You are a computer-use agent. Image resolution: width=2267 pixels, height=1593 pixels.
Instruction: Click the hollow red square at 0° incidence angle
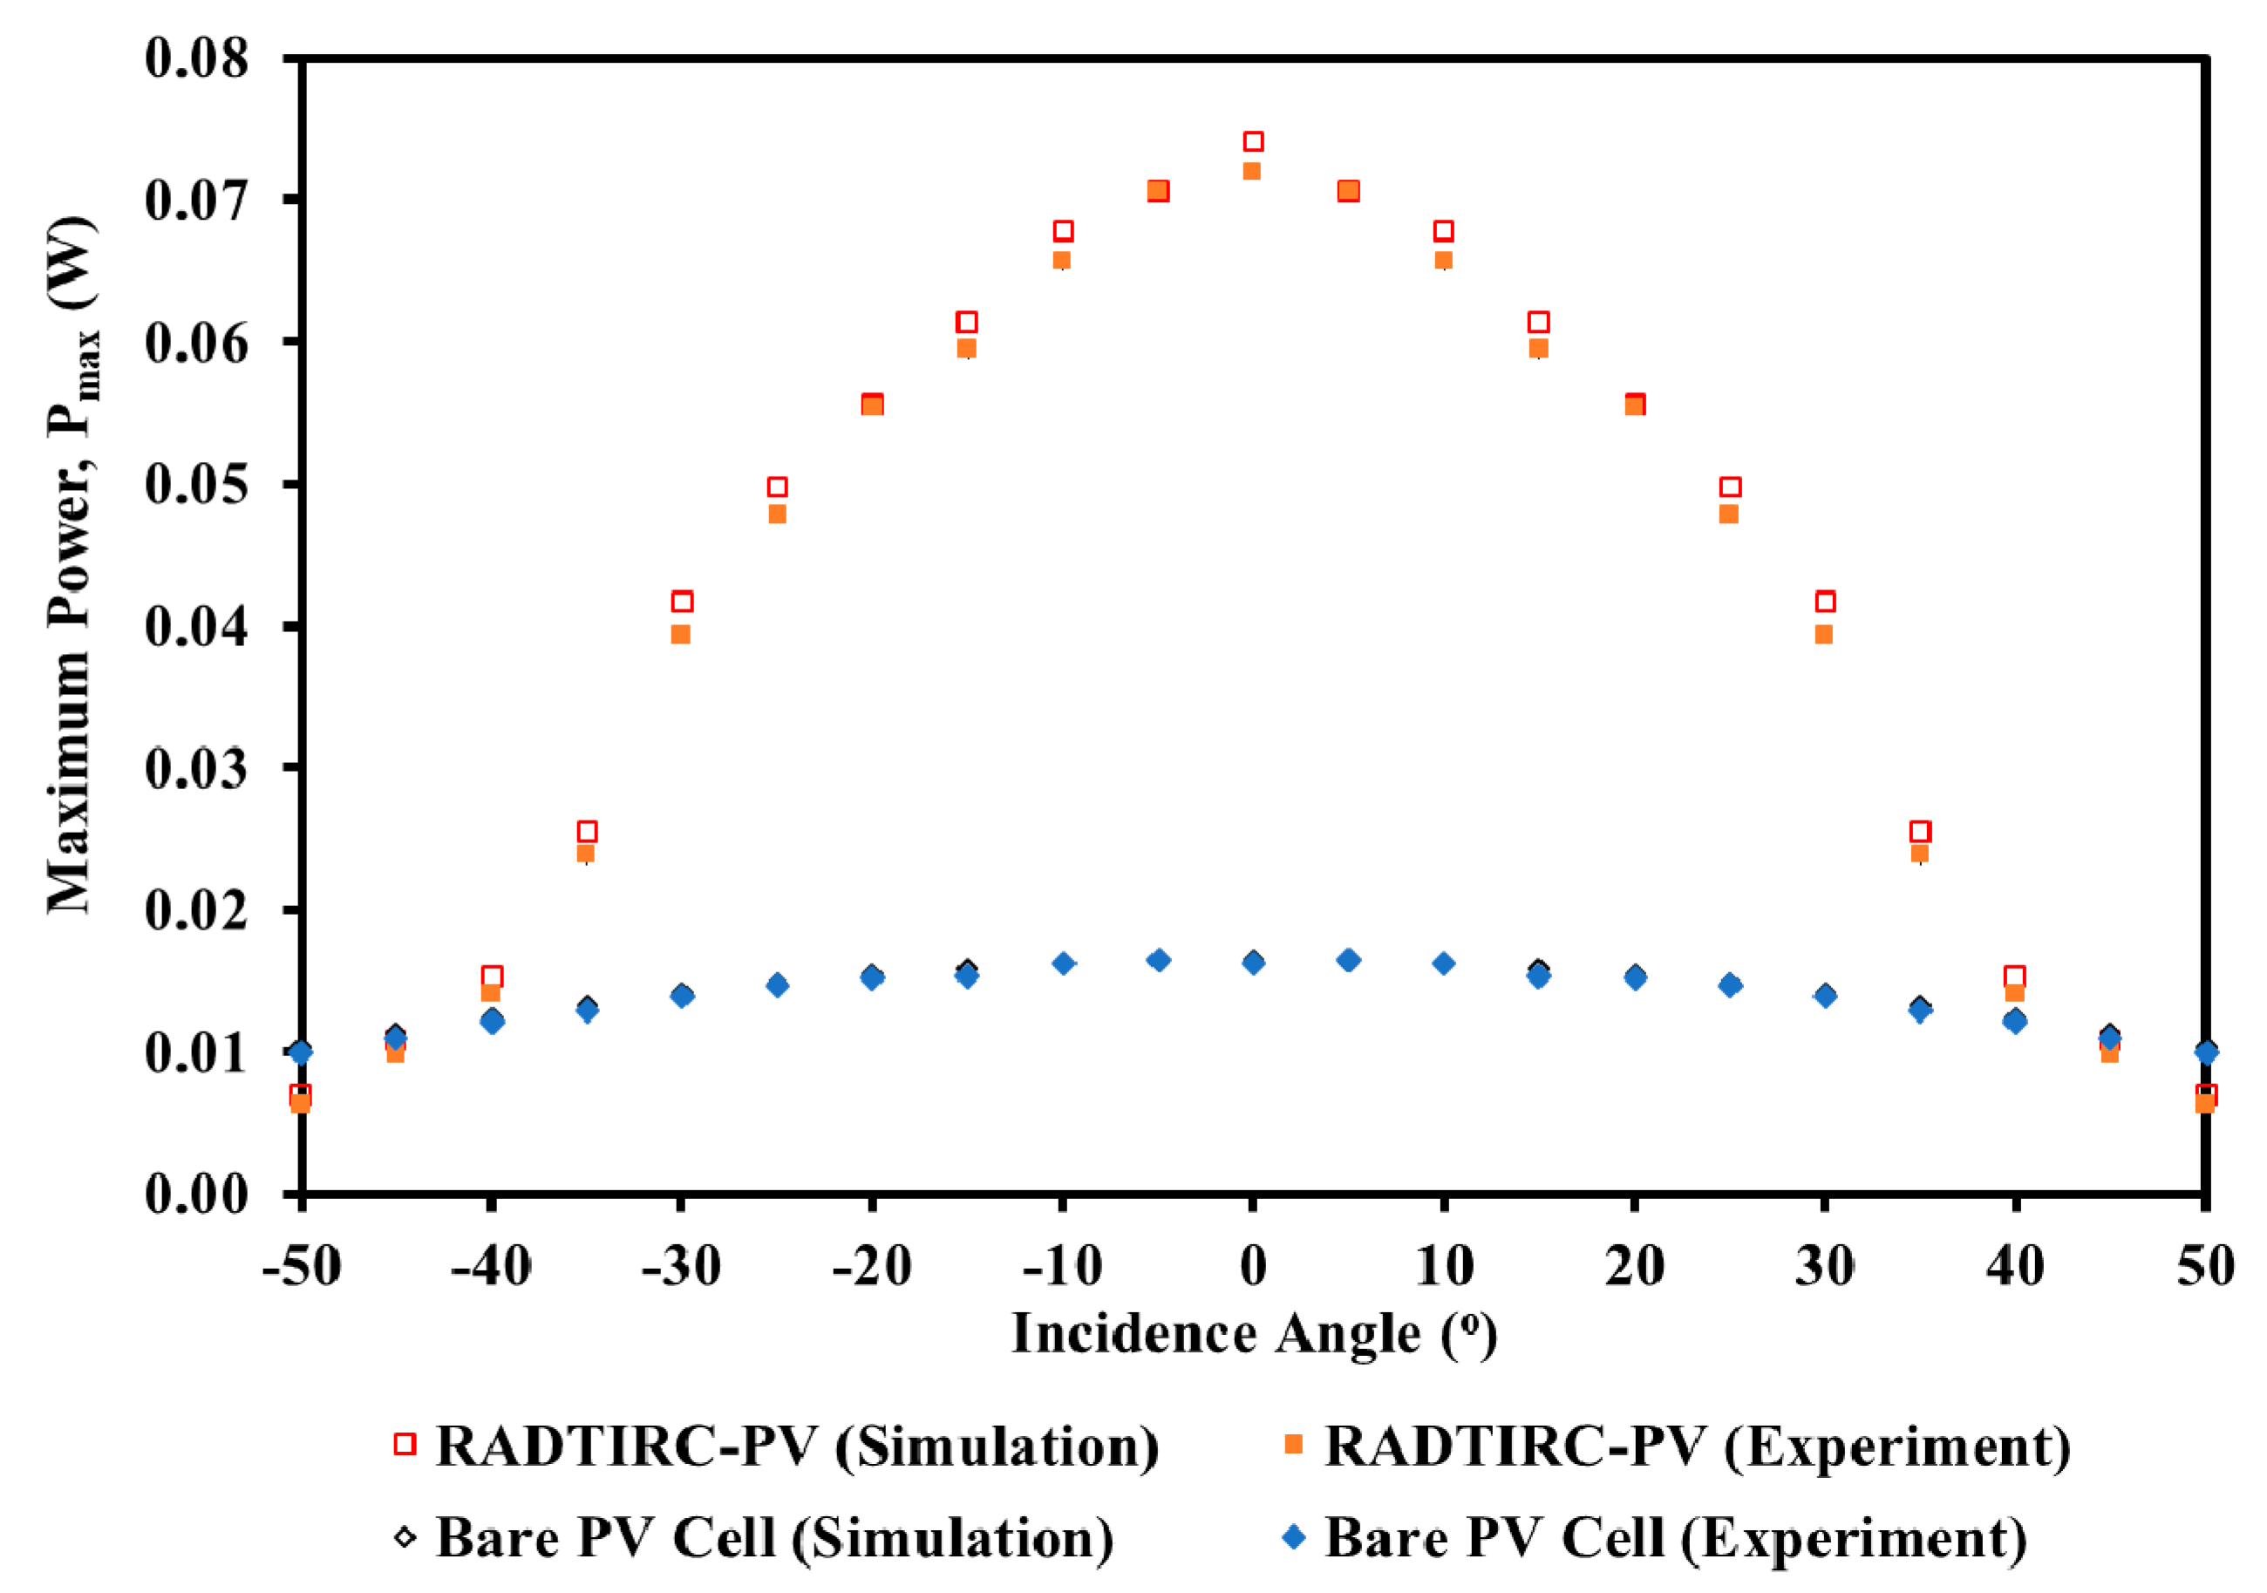pyautogui.click(x=1253, y=141)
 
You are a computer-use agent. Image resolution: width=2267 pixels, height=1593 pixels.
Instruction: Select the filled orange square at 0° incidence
pyautogui.click(x=1251, y=171)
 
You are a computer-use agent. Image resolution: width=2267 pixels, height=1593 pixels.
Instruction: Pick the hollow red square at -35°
pyautogui.click(x=587, y=831)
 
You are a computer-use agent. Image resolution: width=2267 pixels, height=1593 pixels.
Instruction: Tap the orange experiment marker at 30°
pyautogui.click(x=1824, y=634)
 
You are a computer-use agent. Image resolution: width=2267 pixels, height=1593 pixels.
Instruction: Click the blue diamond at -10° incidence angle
pyautogui.click(x=1062, y=963)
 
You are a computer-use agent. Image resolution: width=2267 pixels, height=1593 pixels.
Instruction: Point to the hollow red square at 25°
pyautogui.click(x=1730, y=487)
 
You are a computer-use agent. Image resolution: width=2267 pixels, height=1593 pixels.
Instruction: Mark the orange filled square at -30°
pyautogui.click(x=680, y=634)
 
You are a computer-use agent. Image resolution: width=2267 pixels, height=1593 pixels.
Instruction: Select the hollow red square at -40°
pyautogui.click(x=492, y=976)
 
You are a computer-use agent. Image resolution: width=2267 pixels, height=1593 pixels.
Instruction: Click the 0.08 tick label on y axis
pyautogui.click(x=196, y=58)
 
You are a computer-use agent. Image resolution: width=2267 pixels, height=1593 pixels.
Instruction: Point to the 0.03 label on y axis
pyautogui.click(x=196, y=768)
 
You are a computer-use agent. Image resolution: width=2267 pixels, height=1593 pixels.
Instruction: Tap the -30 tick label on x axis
pyautogui.click(x=680, y=1266)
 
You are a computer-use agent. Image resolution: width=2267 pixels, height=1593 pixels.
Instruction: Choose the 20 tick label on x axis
pyautogui.click(x=1634, y=1266)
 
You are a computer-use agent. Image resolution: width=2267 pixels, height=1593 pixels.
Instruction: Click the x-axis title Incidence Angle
pyautogui.click(x=1253, y=1335)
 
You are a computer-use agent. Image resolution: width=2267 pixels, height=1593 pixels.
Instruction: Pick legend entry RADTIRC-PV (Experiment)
pyautogui.click(x=1696, y=1447)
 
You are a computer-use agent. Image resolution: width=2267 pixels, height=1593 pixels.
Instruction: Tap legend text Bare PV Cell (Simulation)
pyautogui.click(x=774, y=1538)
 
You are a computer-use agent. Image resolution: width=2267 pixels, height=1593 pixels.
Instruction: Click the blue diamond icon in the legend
pyautogui.click(x=1292, y=1536)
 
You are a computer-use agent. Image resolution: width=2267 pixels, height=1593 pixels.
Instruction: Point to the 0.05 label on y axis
pyautogui.click(x=196, y=484)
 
